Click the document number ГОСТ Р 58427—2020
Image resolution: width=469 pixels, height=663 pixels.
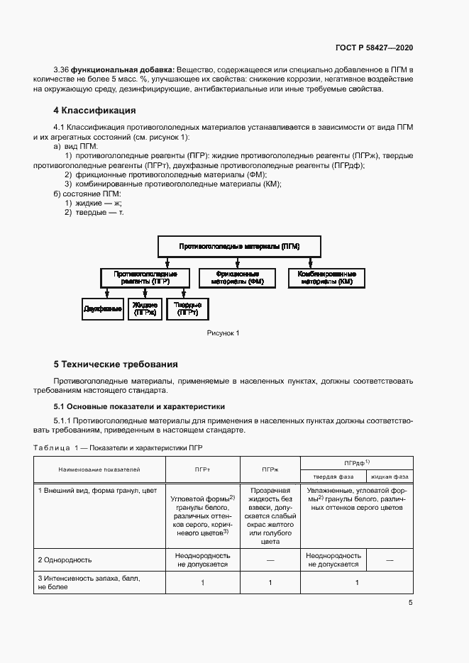373,48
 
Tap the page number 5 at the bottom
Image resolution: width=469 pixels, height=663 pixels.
410,603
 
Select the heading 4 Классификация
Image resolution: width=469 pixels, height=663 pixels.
94,111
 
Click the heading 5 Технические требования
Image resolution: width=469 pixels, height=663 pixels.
115,364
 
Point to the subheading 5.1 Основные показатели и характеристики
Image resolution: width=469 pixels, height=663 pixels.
139,407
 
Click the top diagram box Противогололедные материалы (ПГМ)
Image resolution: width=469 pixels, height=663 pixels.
239,247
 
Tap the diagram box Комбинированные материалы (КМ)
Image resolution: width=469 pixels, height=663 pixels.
326,277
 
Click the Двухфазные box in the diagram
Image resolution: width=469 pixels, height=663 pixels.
103,309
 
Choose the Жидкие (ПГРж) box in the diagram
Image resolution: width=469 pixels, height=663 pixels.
144,309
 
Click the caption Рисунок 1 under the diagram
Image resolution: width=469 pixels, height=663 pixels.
224,333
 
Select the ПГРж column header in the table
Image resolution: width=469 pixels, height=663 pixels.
270,469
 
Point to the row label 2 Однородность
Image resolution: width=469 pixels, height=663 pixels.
65,560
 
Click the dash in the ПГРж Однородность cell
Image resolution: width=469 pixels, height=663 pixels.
270,560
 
